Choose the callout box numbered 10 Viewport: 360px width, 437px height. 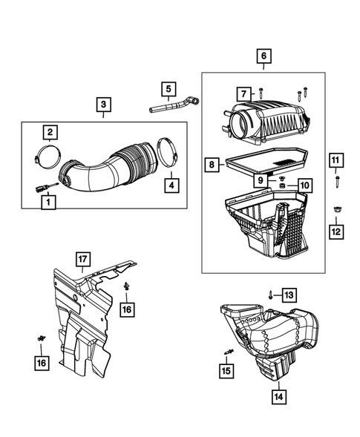304,185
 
